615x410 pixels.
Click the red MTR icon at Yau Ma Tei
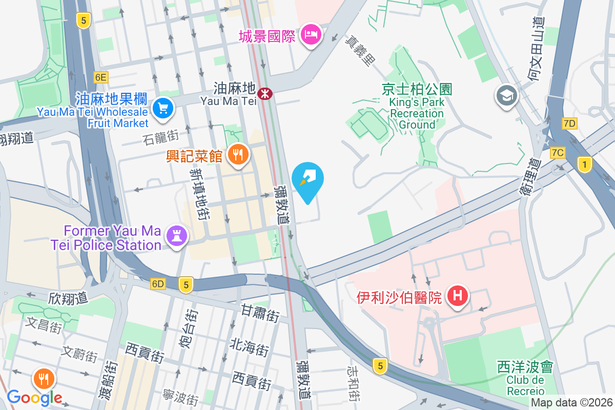click(x=265, y=94)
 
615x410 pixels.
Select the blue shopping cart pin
click(x=163, y=108)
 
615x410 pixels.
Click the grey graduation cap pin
click(x=507, y=95)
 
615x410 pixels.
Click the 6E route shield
click(x=101, y=77)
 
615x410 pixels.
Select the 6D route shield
click(x=158, y=284)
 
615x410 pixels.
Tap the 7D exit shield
click(x=569, y=123)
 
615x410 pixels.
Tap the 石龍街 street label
click(x=162, y=137)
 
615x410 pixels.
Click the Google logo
click(x=34, y=397)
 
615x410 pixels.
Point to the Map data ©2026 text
click(x=571, y=403)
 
